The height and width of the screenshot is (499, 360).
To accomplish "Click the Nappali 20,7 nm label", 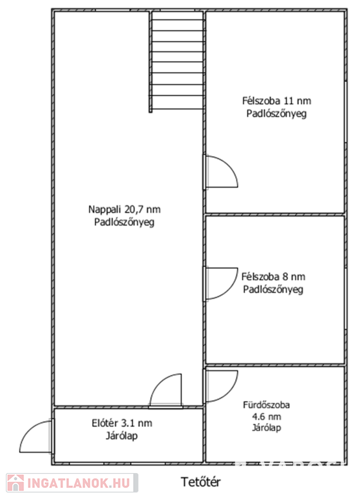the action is [x=124, y=209].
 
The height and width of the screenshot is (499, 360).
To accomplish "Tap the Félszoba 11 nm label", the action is [x=277, y=101].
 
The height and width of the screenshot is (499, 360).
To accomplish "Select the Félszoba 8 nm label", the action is [x=273, y=277].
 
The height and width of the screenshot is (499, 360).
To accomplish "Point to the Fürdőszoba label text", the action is [x=266, y=405].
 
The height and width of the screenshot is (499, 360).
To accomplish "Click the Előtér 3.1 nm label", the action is [x=122, y=423].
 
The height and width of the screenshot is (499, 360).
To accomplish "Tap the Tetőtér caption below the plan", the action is [x=201, y=482].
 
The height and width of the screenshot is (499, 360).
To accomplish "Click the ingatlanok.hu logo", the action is [x=72, y=483].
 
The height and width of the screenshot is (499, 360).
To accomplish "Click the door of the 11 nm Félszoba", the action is [x=220, y=172].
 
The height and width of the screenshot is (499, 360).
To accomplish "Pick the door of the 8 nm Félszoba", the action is [x=220, y=284].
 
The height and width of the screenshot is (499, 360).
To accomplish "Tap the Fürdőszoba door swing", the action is [x=220, y=386].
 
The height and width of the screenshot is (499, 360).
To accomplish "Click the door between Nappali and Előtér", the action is [x=166, y=390].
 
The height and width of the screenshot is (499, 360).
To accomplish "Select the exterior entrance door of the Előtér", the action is [x=36, y=436].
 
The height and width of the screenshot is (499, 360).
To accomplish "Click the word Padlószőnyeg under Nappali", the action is [x=124, y=222].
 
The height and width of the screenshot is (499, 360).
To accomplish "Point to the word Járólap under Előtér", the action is [x=122, y=436].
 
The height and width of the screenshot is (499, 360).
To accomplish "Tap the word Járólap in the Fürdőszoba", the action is [x=266, y=428].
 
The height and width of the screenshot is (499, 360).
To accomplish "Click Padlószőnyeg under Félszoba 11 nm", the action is [x=277, y=114].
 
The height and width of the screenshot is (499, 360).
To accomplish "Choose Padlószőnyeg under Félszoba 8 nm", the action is [x=273, y=290].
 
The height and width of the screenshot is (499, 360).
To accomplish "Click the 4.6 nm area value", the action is [x=266, y=416].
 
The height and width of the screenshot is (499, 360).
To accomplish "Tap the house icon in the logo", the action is [x=16, y=483].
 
